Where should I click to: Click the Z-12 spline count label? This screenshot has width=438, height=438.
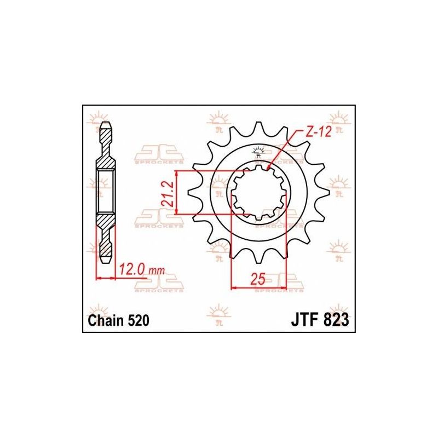318,131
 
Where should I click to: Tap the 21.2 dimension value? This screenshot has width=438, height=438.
168,194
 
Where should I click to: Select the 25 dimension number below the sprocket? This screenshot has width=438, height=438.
257,279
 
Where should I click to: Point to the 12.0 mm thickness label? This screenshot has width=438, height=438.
142,270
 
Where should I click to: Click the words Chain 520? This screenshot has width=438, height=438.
118,320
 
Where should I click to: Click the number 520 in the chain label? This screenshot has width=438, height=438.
139,320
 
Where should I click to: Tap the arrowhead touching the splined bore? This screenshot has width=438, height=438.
269,168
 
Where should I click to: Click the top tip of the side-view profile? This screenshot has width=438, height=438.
106,122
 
